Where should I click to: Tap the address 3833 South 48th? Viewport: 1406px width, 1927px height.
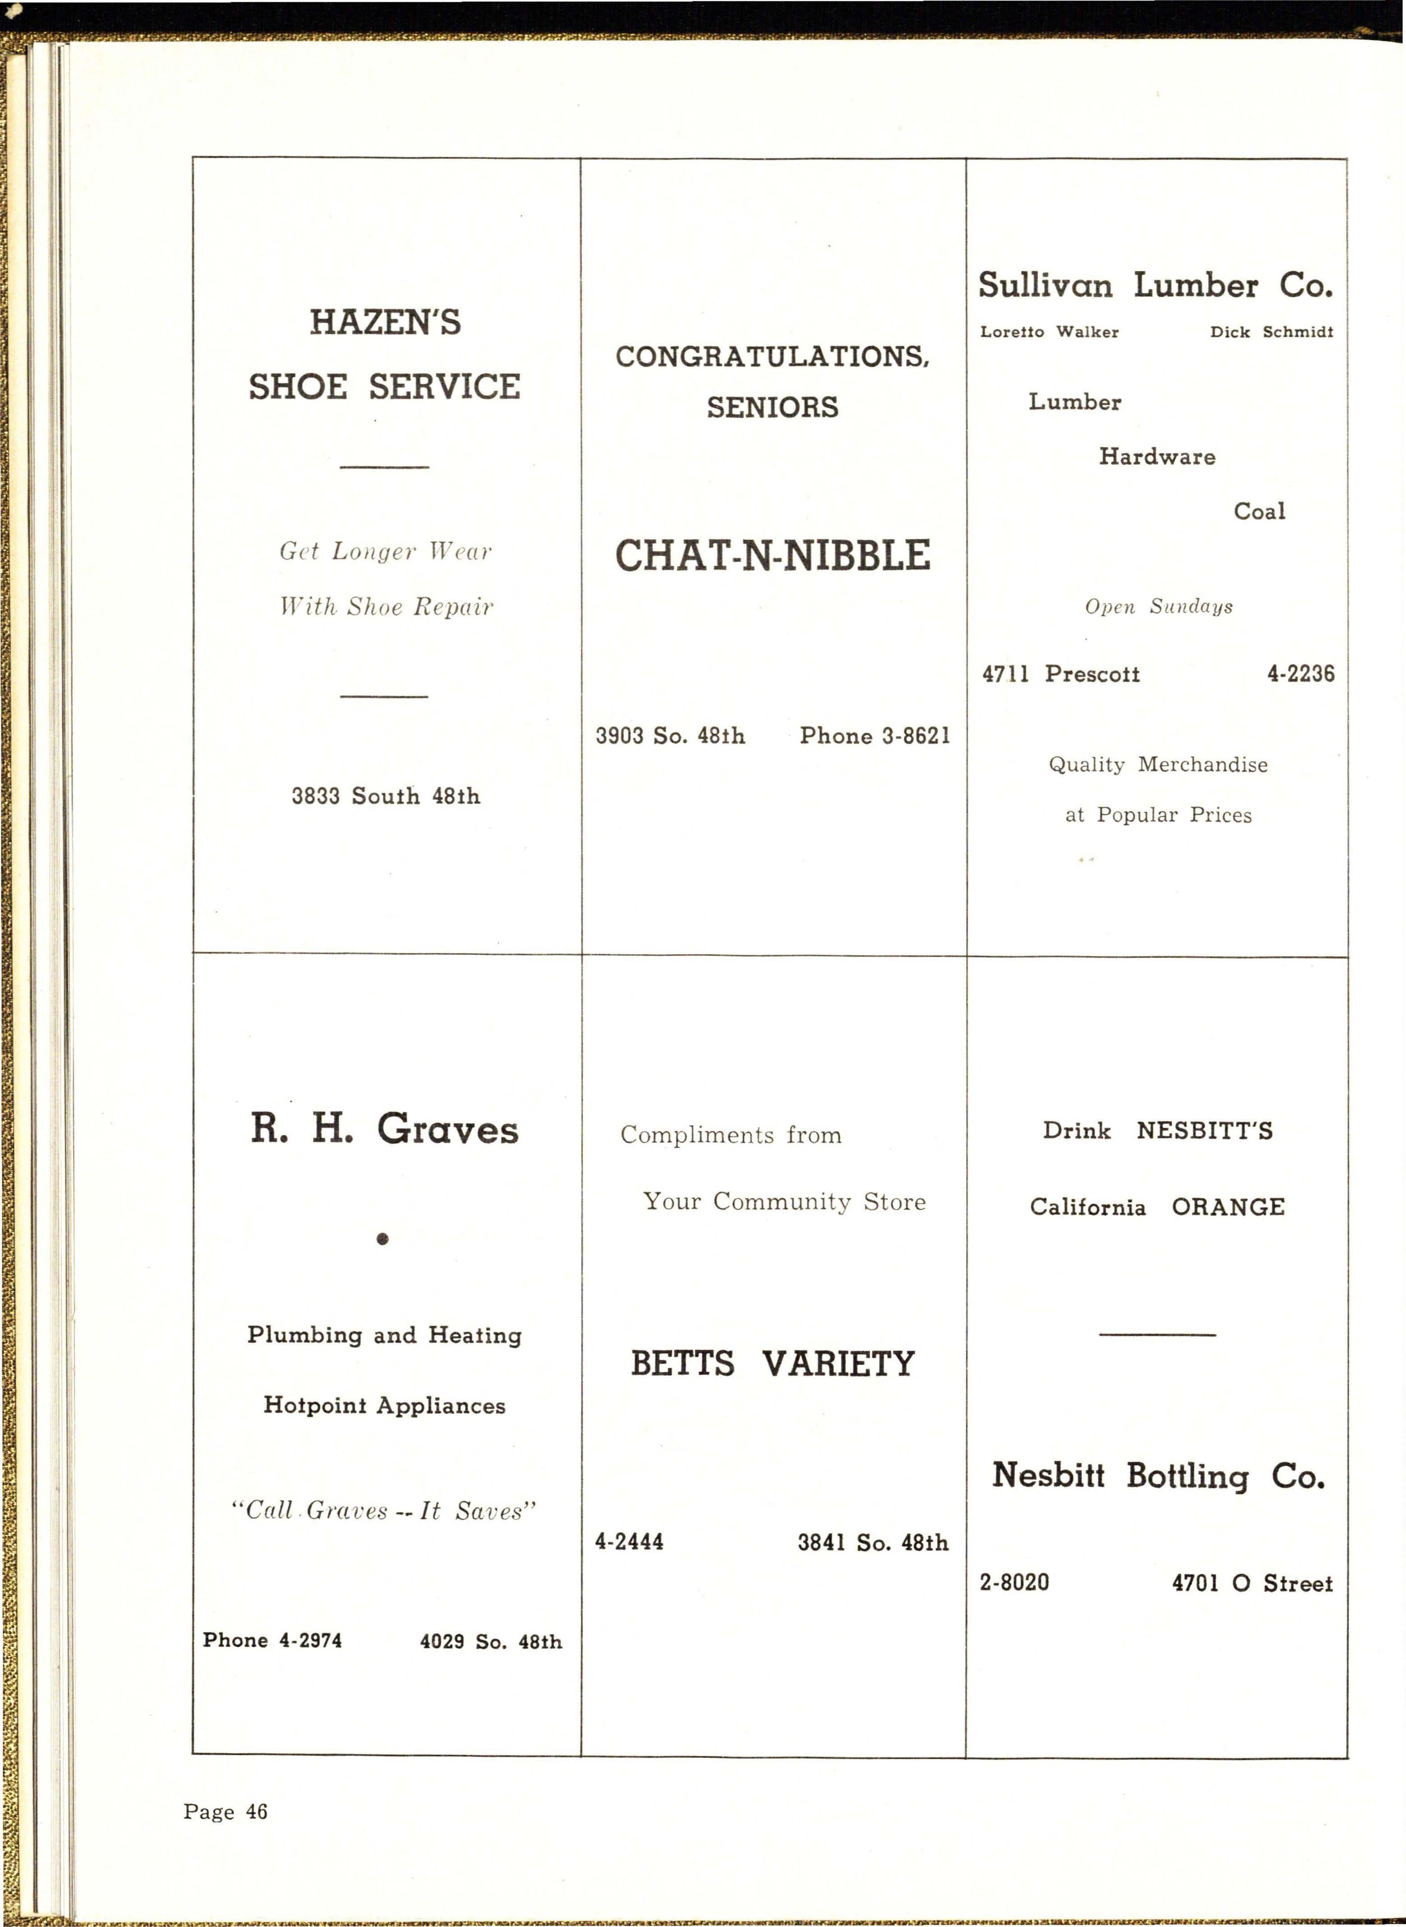pyautogui.click(x=386, y=796)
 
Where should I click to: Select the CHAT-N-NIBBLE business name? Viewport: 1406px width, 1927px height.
pyautogui.click(x=773, y=556)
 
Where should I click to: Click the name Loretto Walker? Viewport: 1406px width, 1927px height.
pyautogui.click(x=1049, y=332)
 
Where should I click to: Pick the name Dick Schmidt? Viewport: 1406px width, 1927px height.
pyautogui.click(x=1272, y=332)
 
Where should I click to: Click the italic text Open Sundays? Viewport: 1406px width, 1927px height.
pyautogui.click(x=1158, y=606)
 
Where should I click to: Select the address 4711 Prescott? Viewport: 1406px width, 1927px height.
pyautogui.click(x=1061, y=674)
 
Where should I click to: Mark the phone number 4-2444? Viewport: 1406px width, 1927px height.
pyautogui.click(x=629, y=1541)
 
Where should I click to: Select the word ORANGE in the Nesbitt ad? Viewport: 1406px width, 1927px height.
pyautogui.click(x=1228, y=1207)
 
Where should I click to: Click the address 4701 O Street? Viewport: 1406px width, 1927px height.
pyautogui.click(x=1252, y=1583)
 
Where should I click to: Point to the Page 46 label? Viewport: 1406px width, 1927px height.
pyautogui.click(x=225, y=1811)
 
